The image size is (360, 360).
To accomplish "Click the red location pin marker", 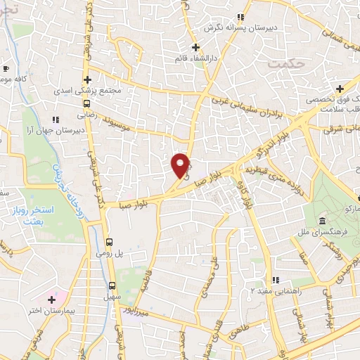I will point(181,165).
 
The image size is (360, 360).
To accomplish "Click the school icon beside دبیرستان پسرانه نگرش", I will point(239,17).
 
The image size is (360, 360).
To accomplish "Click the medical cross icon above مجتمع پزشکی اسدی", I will point(87,79).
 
